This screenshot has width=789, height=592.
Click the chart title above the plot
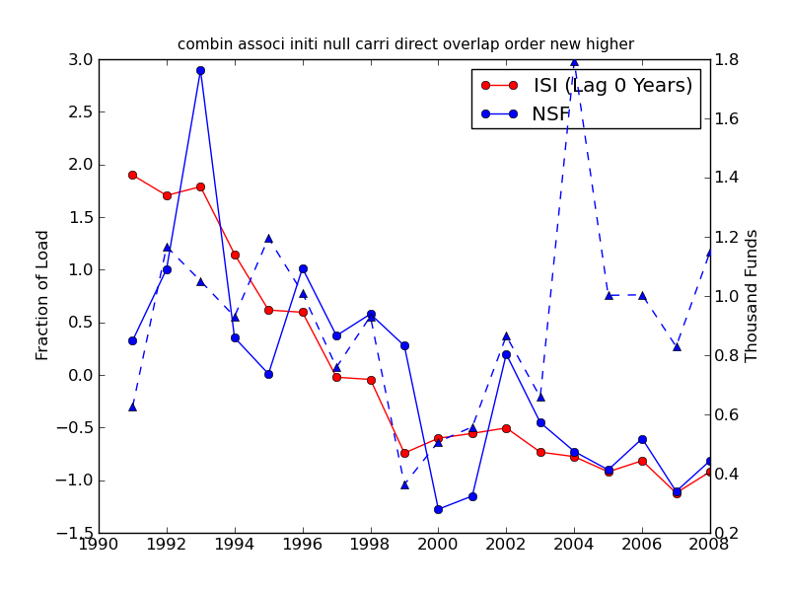[405, 44]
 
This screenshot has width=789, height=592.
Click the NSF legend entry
[551, 114]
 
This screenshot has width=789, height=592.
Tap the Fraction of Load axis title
[42, 295]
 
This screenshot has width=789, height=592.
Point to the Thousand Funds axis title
[752, 295]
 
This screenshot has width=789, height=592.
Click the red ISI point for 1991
[132, 175]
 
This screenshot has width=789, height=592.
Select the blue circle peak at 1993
[200, 70]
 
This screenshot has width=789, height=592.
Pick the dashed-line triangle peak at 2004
[574, 61]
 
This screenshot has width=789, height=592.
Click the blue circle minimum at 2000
[438, 509]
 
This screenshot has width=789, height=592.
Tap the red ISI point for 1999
[404, 453]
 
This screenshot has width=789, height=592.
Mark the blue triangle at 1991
[132, 407]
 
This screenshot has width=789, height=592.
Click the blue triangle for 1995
[268, 238]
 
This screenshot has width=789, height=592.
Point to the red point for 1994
[235, 255]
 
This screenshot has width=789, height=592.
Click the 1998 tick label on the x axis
[371, 544]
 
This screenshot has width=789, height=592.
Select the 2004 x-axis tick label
[574, 544]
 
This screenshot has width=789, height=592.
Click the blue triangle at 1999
[404, 484]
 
